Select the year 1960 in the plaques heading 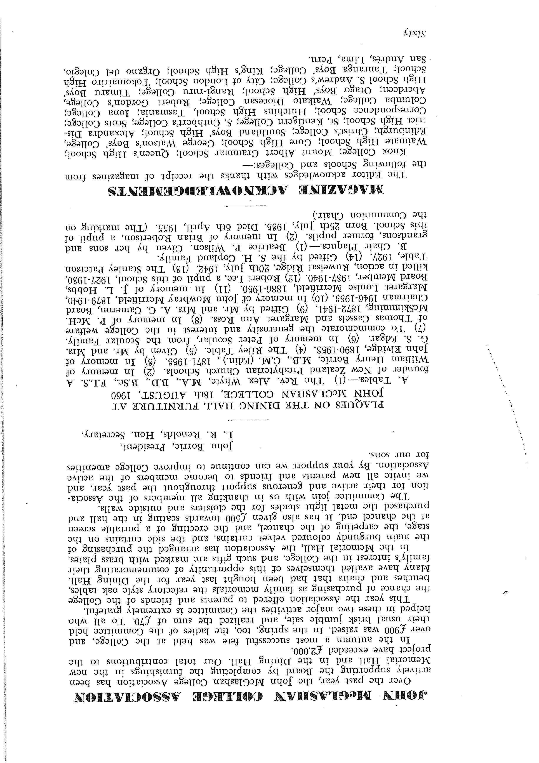click(123, 395)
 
